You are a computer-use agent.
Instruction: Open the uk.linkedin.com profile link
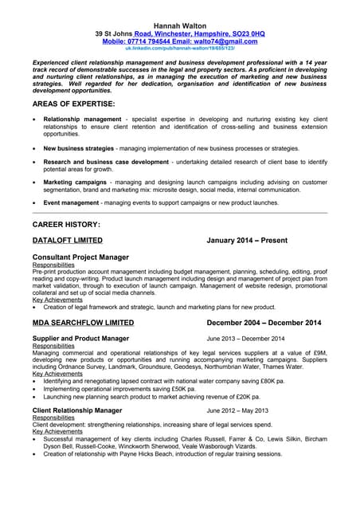pos(180,49)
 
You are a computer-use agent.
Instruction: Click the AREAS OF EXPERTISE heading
pos(74,104)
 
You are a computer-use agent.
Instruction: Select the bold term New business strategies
pos(79,148)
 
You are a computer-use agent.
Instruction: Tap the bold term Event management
pos(71,202)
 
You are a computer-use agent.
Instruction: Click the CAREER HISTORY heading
pos(66,225)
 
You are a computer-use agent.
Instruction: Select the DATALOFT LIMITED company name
pos(67,240)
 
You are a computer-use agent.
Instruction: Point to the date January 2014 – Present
pos(246,240)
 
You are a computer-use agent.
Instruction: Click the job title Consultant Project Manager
pos(80,257)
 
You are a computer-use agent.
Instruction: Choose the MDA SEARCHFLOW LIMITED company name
pos(83,323)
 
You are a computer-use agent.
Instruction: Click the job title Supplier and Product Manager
pos(80,339)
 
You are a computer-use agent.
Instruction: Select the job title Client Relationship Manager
pos(77,410)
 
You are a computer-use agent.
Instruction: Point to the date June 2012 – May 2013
pos(237,410)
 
